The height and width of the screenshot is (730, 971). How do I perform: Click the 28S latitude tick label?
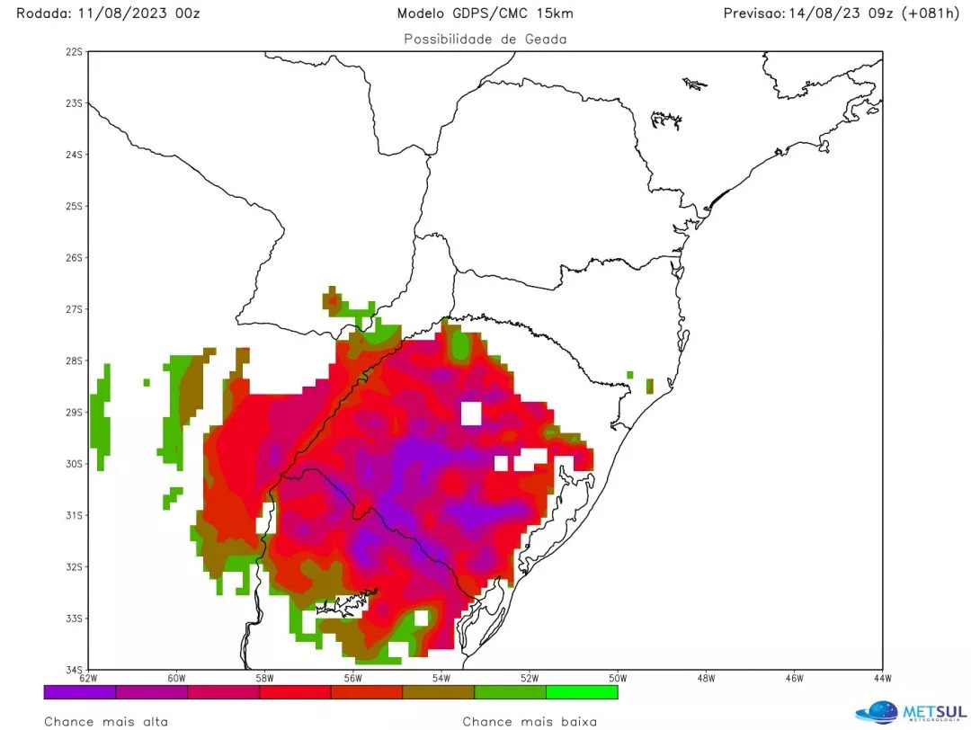73,361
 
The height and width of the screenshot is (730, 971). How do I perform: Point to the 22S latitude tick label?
73,51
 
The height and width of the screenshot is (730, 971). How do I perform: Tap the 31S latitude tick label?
73,515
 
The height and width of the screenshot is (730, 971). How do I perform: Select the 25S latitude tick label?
73,206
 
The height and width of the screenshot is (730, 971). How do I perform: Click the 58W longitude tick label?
264,678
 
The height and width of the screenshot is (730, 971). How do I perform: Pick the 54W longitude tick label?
441,678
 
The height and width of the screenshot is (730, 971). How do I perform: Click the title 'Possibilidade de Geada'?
485,39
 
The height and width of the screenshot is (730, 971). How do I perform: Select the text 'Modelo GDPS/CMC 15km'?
485,13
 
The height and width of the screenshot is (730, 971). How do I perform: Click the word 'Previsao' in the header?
753,13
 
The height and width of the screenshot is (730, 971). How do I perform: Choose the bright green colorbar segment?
582,692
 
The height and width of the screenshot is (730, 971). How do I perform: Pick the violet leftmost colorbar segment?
80,692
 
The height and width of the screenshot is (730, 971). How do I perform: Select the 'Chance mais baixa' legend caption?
530,721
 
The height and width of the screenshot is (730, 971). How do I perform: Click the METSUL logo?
911,710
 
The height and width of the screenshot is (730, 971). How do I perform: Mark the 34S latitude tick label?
73,670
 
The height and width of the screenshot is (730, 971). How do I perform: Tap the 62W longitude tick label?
88,678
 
